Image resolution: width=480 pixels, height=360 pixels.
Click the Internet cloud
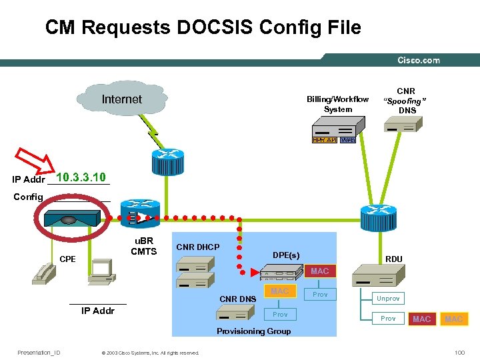coord(121,100)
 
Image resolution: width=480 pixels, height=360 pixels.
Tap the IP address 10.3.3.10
coord(81,177)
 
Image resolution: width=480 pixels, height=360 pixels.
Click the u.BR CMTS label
coord(143,246)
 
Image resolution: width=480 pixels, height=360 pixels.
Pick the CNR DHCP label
coord(197,247)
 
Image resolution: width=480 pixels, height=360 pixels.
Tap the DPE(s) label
coord(286,255)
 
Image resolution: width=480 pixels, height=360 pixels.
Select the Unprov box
coord(388,299)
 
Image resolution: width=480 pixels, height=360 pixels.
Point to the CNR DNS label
coord(238,299)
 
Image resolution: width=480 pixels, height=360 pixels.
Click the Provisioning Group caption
coord(254,331)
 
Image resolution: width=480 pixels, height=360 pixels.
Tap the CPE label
coord(67,259)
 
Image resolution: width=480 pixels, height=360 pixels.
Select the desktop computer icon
coord(103,270)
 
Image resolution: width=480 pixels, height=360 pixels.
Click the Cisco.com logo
coord(419,60)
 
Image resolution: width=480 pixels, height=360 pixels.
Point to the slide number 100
coord(459,353)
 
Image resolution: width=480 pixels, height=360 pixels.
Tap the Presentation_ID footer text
coord(39,353)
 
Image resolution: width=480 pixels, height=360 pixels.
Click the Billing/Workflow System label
coord(337,104)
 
